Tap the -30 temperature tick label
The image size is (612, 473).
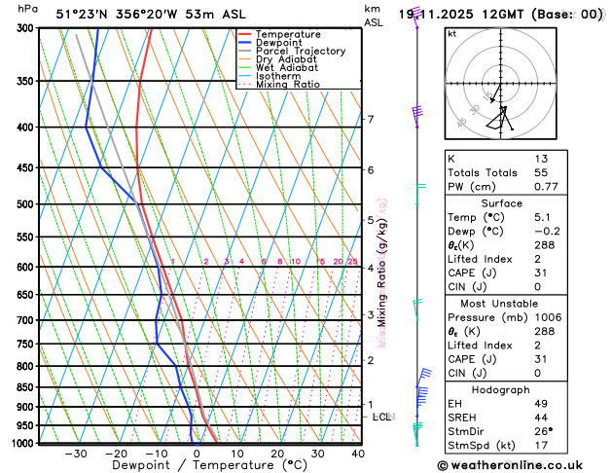(x=76, y=454)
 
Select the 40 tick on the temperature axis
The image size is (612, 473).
(x=358, y=454)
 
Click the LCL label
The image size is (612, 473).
(x=382, y=417)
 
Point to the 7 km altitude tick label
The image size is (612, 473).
(x=371, y=120)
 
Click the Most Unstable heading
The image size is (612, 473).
(x=522, y=304)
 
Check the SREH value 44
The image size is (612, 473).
(x=541, y=417)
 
